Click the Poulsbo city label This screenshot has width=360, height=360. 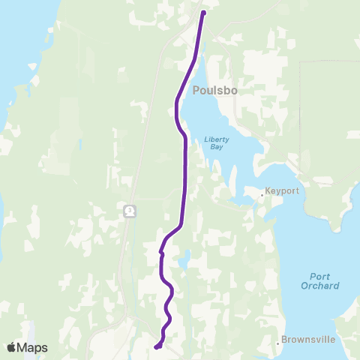[215, 91]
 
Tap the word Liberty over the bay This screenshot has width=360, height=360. [216, 139]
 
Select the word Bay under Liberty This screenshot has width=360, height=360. [216, 148]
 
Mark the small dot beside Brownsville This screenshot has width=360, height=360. [278, 340]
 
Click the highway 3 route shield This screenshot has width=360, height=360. [130, 211]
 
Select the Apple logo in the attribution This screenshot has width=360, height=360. [10, 347]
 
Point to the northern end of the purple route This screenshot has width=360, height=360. [203, 12]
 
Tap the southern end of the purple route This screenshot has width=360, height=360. [156, 346]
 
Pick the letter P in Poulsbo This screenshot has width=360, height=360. [196, 91]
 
